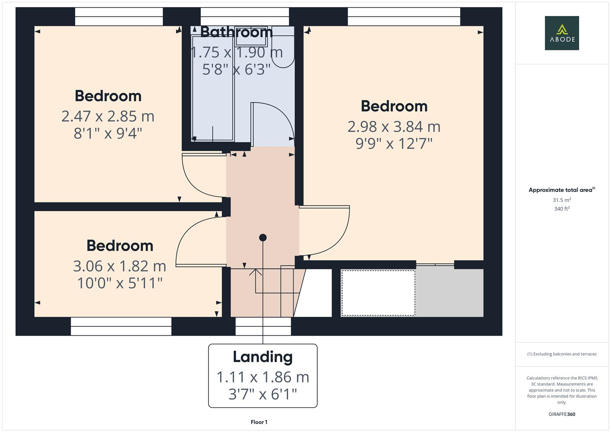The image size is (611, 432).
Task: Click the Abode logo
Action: (x=561, y=33)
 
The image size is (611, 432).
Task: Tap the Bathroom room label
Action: (x=236, y=32)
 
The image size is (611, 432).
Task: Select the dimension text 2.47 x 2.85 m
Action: (x=108, y=116)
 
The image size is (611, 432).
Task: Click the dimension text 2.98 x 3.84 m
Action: (x=394, y=127)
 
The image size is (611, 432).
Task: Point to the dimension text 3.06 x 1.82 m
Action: (x=119, y=266)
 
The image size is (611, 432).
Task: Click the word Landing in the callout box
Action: (x=262, y=357)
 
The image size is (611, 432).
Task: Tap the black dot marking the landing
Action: (x=262, y=238)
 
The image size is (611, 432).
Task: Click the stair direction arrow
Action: (x=256, y=273)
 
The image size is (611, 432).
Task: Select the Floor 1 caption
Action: (x=259, y=422)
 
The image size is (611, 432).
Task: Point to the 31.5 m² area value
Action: (x=562, y=200)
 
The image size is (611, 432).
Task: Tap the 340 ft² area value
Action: (x=562, y=209)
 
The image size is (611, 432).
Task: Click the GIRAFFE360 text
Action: (x=562, y=414)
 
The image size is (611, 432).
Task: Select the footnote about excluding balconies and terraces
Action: (x=562, y=354)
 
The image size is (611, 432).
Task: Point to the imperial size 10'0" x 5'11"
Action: (x=119, y=283)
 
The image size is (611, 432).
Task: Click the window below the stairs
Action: (x=263, y=326)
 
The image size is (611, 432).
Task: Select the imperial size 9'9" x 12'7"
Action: (x=394, y=144)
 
